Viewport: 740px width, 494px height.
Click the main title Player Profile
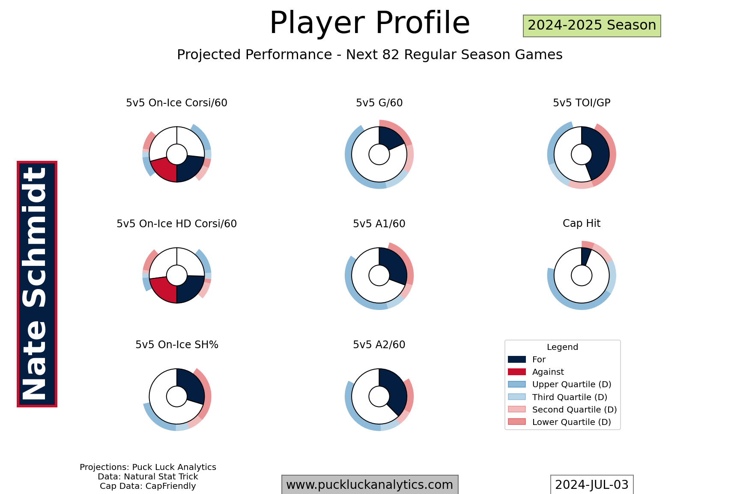pos(370,23)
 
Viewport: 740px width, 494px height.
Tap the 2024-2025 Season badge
pos(592,26)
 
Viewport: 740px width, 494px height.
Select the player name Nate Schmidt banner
pos(37,284)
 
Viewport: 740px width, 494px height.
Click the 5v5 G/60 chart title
pos(379,103)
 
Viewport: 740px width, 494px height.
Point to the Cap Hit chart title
pos(582,223)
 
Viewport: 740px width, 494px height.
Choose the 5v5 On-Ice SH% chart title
pos(177,345)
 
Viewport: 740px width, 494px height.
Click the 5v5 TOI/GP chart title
pos(582,103)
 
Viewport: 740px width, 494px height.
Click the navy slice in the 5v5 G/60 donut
pos(390,137)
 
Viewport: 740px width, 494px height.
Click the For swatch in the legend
pos(517,359)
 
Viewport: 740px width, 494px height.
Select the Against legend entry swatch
pos(517,372)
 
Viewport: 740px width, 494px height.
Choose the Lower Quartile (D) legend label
pos(572,422)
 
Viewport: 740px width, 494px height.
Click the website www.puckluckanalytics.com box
pos(370,485)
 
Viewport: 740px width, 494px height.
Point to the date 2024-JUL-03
pos(592,485)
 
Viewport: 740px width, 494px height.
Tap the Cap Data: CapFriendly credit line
pos(148,486)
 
